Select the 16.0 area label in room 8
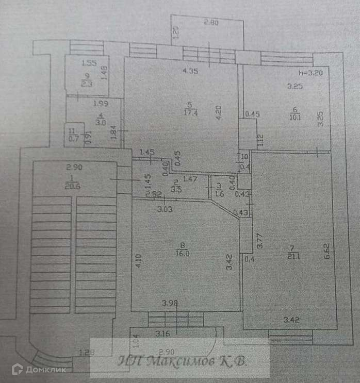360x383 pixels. click(x=186, y=253)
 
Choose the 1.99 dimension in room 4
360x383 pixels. click(x=99, y=104)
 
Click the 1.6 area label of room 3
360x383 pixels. click(x=218, y=194)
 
